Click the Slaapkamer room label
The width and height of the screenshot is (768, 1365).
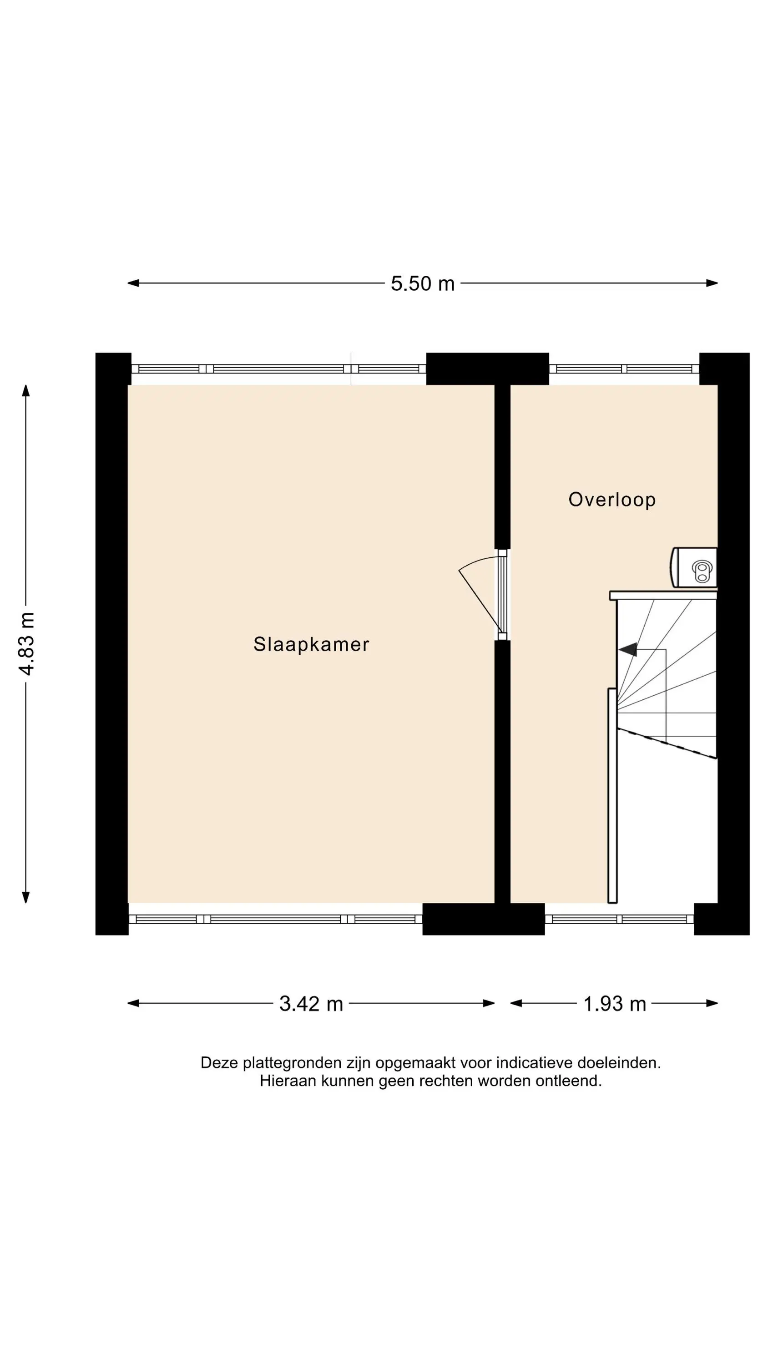[x=311, y=644]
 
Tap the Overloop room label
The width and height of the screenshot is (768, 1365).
[x=612, y=500]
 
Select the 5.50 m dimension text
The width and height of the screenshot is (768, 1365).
[x=422, y=283]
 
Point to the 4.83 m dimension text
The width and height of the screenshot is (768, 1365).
[x=26, y=643]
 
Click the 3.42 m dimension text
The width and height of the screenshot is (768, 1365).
[x=311, y=1004]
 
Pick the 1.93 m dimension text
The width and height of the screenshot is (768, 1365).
[x=615, y=1004]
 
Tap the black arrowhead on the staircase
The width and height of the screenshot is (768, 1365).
[x=627, y=649]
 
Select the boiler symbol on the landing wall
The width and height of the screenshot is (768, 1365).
[x=694, y=567]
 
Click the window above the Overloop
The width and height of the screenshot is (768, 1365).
[x=624, y=369]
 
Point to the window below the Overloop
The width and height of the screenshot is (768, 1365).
[x=619, y=920]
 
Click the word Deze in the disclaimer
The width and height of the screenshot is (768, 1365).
[x=219, y=1063]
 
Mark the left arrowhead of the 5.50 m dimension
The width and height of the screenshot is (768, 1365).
[x=133, y=283]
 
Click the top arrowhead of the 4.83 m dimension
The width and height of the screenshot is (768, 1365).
[x=25, y=390]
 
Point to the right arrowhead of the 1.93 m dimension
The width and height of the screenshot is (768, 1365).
[x=712, y=1003]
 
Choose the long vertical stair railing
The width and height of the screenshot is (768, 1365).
[x=612, y=795]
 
